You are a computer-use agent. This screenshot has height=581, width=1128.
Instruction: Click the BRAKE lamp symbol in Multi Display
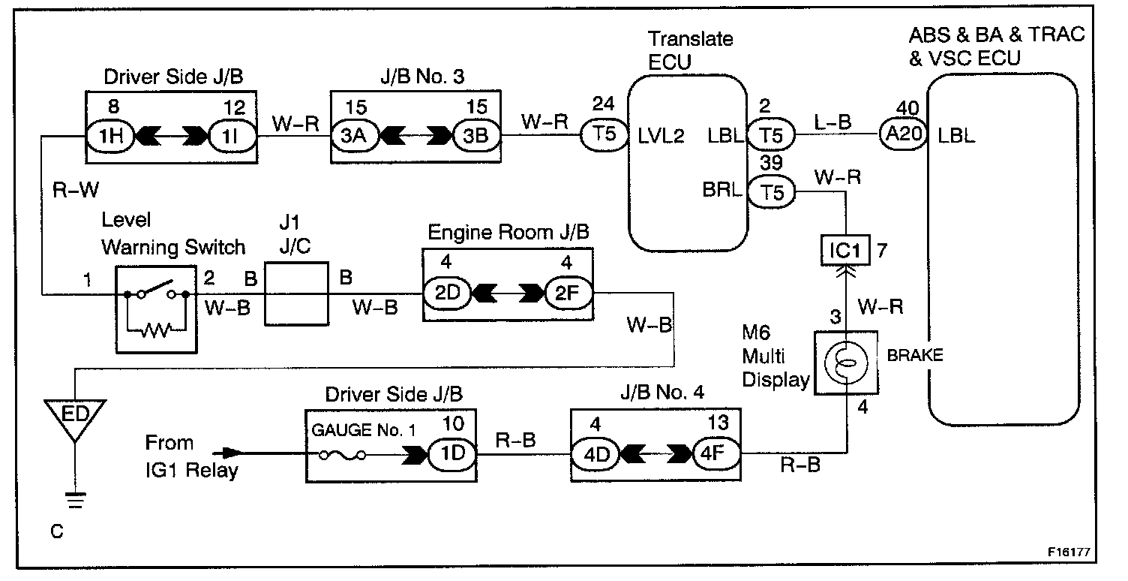(846, 363)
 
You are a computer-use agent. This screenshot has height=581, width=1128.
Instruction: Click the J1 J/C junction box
(295, 294)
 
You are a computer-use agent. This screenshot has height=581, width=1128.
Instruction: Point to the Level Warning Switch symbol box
(156, 307)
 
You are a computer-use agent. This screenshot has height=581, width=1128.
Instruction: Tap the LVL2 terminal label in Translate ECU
(661, 137)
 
